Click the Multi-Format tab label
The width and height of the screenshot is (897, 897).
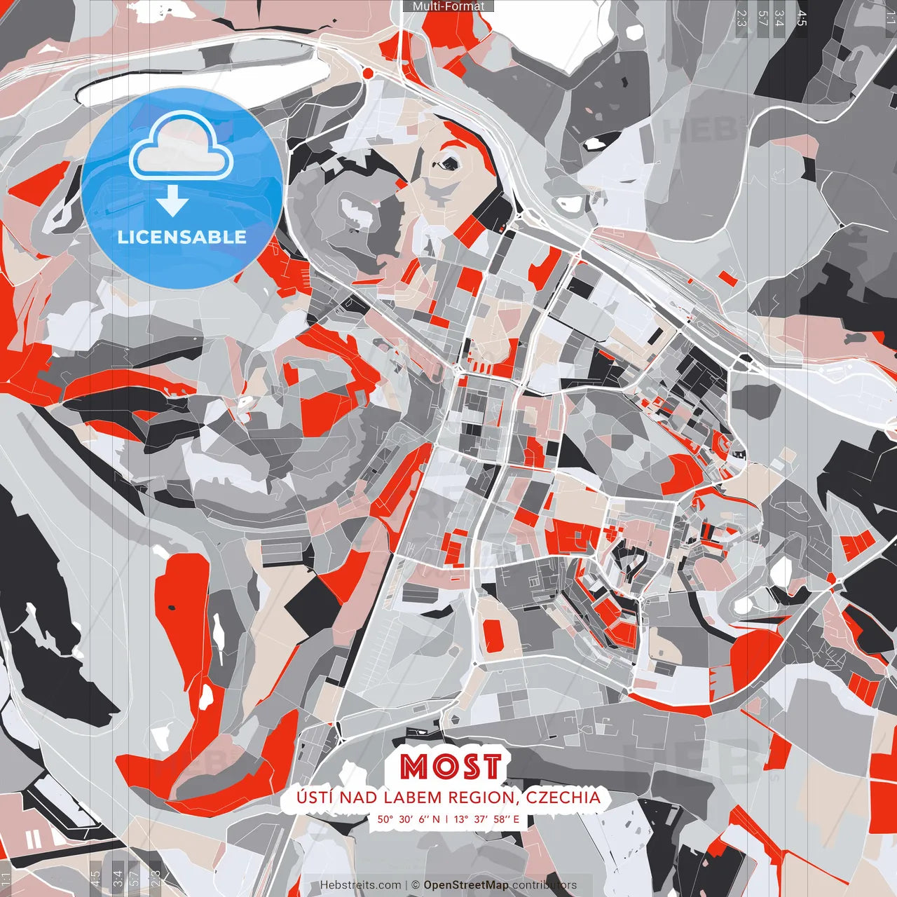(448, 6)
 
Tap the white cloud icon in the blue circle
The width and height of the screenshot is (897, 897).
(182, 146)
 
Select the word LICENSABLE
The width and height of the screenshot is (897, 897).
(182, 237)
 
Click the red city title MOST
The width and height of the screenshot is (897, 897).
(451, 767)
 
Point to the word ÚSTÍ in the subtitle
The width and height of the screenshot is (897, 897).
(310, 797)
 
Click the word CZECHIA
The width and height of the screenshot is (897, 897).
(563, 797)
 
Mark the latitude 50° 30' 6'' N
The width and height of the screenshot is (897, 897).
(409, 819)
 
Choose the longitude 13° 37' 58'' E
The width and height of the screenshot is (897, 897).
(487, 819)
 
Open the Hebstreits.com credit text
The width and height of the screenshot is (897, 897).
(361, 885)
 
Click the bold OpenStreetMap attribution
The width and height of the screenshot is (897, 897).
(466, 885)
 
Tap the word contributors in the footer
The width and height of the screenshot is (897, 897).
(545, 885)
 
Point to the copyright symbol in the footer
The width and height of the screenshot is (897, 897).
(415, 885)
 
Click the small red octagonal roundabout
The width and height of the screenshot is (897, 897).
(367, 73)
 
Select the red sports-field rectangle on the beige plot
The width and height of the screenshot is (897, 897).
(493, 635)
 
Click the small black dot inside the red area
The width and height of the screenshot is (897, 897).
(172, 606)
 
